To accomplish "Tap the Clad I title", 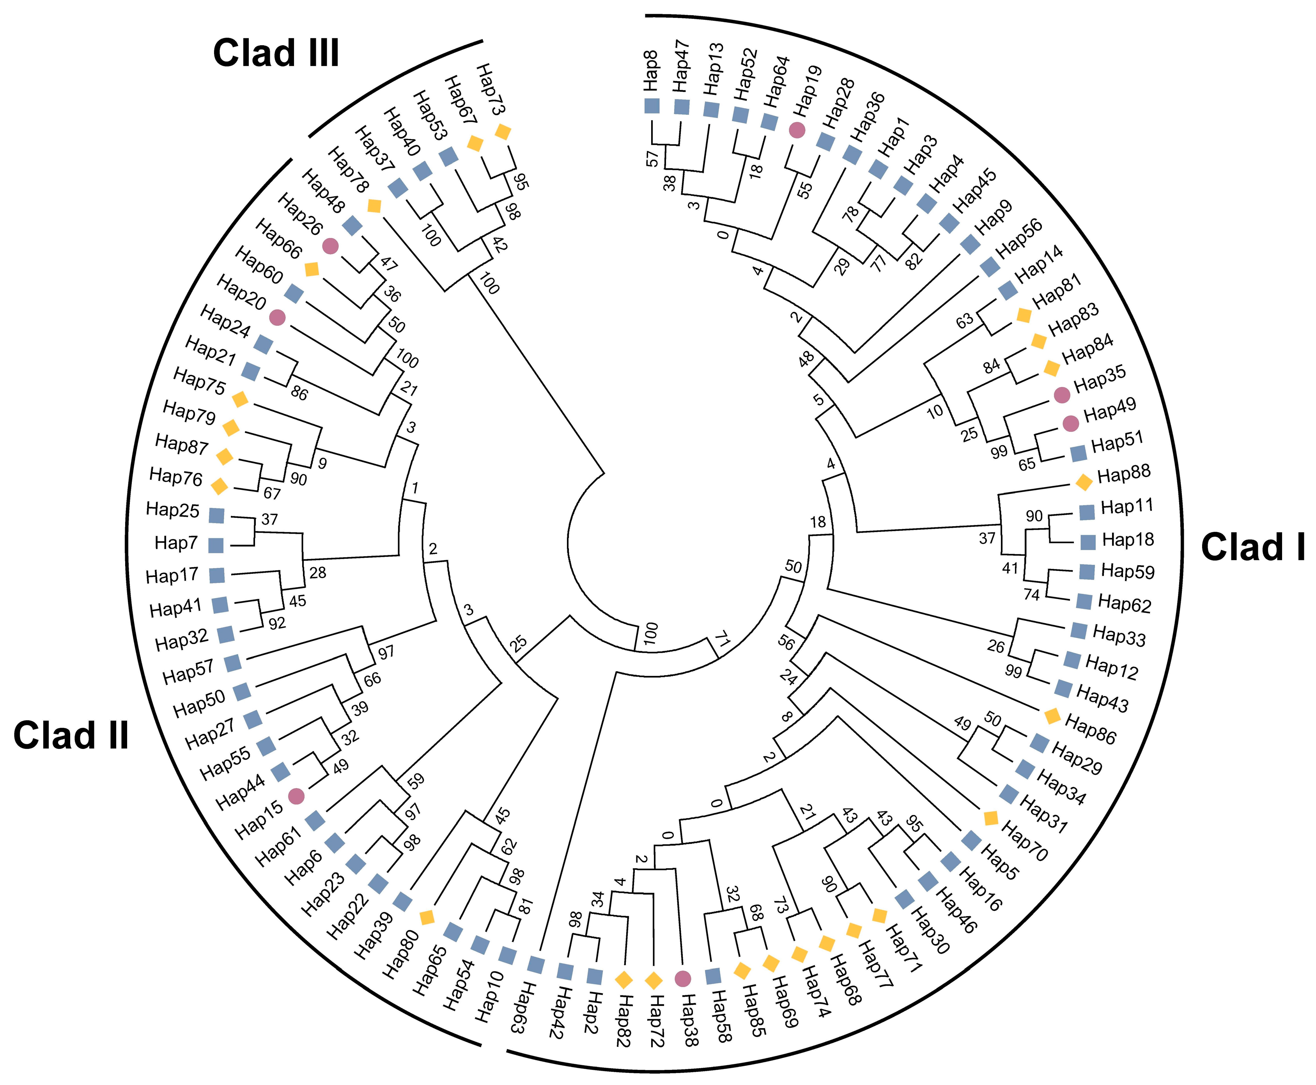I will click(x=1253, y=548).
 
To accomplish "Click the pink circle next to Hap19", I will click(x=797, y=130).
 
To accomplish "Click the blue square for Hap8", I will click(x=652, y=106).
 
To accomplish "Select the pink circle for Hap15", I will click(x=296, y=796).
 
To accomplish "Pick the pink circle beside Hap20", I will click(x=278, y=317).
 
